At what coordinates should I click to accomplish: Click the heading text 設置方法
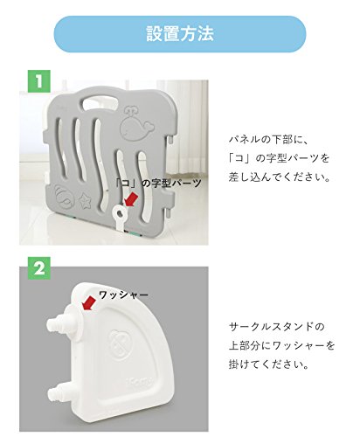coord(180,34)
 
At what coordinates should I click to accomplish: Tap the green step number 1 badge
coord(39,81)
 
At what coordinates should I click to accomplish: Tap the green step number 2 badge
coord(39,268)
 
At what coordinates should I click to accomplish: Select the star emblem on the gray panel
coord(85,199)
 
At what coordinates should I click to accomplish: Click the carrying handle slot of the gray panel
coord(100,101)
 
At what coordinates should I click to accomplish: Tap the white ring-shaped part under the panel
coord(120,216)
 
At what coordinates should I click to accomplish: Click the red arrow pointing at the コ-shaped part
coord(131,198)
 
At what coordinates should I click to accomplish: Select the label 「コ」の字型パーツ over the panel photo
coord(158,183)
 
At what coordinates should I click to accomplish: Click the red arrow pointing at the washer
coord(89,303)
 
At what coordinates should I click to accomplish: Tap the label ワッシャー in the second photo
coord(123,295)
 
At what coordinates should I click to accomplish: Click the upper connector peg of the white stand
coord(61,323)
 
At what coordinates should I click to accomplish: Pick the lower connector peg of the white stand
coord(59,391)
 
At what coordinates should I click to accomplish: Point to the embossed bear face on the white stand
coord(120,344)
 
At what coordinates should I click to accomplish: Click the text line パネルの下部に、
coord(268,139)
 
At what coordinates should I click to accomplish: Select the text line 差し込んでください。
coord(280,177)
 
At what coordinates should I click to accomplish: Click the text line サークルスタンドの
coord(277,327)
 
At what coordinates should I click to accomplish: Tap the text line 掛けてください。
coord(268,364)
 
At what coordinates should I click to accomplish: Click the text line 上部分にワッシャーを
coord(282,345)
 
